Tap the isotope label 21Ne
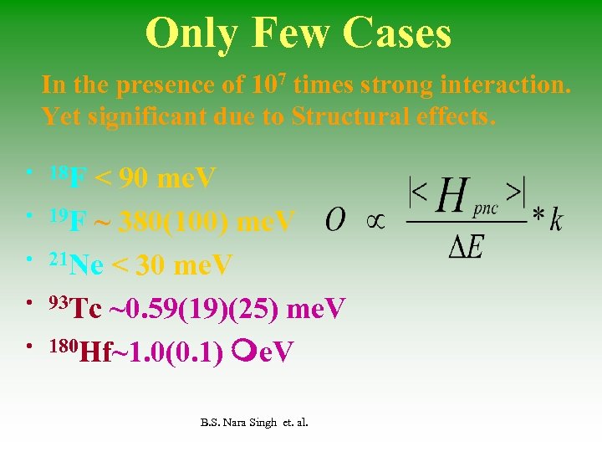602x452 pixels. click(x=76, y=265)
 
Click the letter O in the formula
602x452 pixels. click(x=334, y=221)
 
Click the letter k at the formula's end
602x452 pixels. click(x=556, y=220)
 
